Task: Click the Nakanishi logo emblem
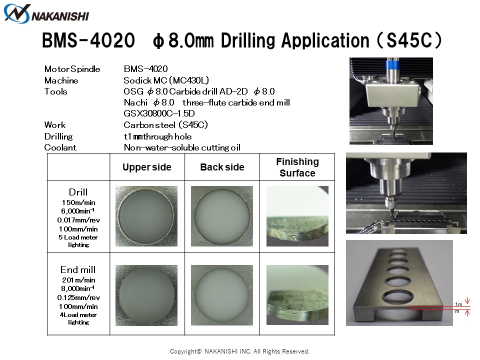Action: [17, 14]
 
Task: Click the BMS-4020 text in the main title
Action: [88, 40]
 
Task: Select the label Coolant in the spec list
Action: [60, 147]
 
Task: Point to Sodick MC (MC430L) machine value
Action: [166, 80]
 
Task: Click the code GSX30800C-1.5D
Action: [159, 113]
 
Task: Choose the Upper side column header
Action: [147, 167]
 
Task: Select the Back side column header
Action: [222, 167]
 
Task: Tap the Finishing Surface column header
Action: [297, 167]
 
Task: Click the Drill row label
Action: [78, 192]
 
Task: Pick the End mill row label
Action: [78, 269]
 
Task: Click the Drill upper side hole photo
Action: [146, 216]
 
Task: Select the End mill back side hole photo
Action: [222, 295]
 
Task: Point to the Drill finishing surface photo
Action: [297, 216]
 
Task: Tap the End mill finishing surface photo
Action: [297, 295]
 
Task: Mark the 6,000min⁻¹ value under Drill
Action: [78, 211]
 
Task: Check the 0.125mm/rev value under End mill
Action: [78, 297]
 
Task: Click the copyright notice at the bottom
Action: [239, 351]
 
